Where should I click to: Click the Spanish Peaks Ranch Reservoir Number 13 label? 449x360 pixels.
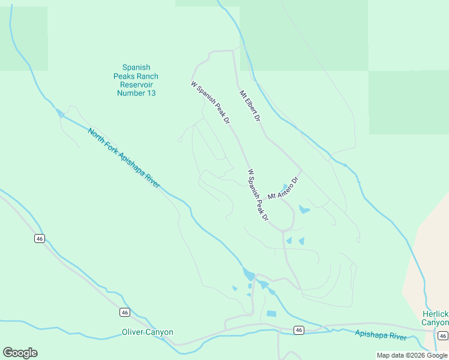coord(136,80)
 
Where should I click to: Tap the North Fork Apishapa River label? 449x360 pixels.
coord(124,158)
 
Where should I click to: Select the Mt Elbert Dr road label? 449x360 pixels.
coord(250,107)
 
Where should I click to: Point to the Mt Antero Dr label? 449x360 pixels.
coord(283,188)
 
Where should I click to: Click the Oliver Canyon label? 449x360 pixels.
coord(148,332)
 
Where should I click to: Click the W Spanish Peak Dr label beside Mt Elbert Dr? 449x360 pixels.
coord(211,103)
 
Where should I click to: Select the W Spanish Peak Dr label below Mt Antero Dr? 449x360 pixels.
coord(258,195)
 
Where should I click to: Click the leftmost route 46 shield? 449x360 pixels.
coord(40,238)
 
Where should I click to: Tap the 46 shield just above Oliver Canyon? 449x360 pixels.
coord(124,312)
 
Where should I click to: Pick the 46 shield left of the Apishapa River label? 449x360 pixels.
coord(298,330)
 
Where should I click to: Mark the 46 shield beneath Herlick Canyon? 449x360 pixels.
coord(442,335)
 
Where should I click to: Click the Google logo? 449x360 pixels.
coord(20,353)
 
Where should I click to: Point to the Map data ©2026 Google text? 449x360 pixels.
coord(412,355)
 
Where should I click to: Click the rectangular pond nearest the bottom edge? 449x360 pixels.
coord(271,314)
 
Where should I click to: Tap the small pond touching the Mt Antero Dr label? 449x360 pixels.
coord(284,187)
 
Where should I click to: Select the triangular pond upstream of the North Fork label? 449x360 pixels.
coord(59,112)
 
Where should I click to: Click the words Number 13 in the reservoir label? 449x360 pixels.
coord(136,93)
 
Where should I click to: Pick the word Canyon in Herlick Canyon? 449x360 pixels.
coord(435,322)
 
